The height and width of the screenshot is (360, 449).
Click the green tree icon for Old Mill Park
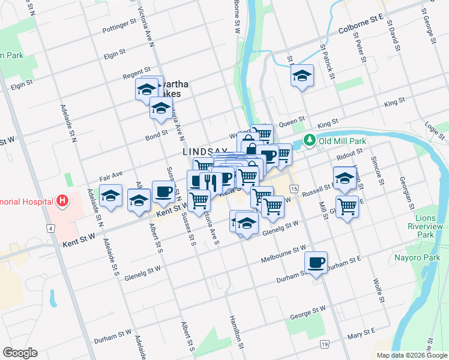tap(309, 140)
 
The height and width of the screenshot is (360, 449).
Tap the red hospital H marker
tap(62, 200)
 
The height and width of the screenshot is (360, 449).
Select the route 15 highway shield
tap(293, 189)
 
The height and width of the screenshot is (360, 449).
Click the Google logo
tap(20, 353)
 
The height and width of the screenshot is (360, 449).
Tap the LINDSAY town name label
tap(205, 152)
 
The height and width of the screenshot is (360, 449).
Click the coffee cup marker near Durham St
tap(316, 262)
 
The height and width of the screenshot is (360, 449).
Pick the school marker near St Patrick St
tap(302, 76)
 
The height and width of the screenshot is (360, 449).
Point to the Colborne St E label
tap(360, 23)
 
